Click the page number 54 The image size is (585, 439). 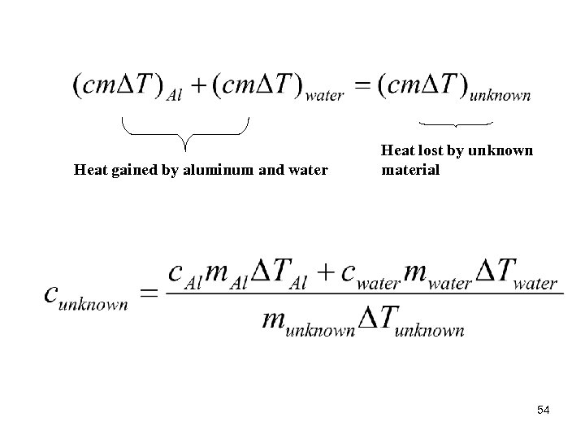[544, 411]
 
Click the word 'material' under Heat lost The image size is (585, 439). [410, 170]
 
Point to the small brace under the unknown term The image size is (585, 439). [455, 124]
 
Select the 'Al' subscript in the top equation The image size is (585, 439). [174, 95]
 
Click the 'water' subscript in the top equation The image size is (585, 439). [325, 95]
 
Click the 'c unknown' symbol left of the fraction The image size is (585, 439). [85, 294]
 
